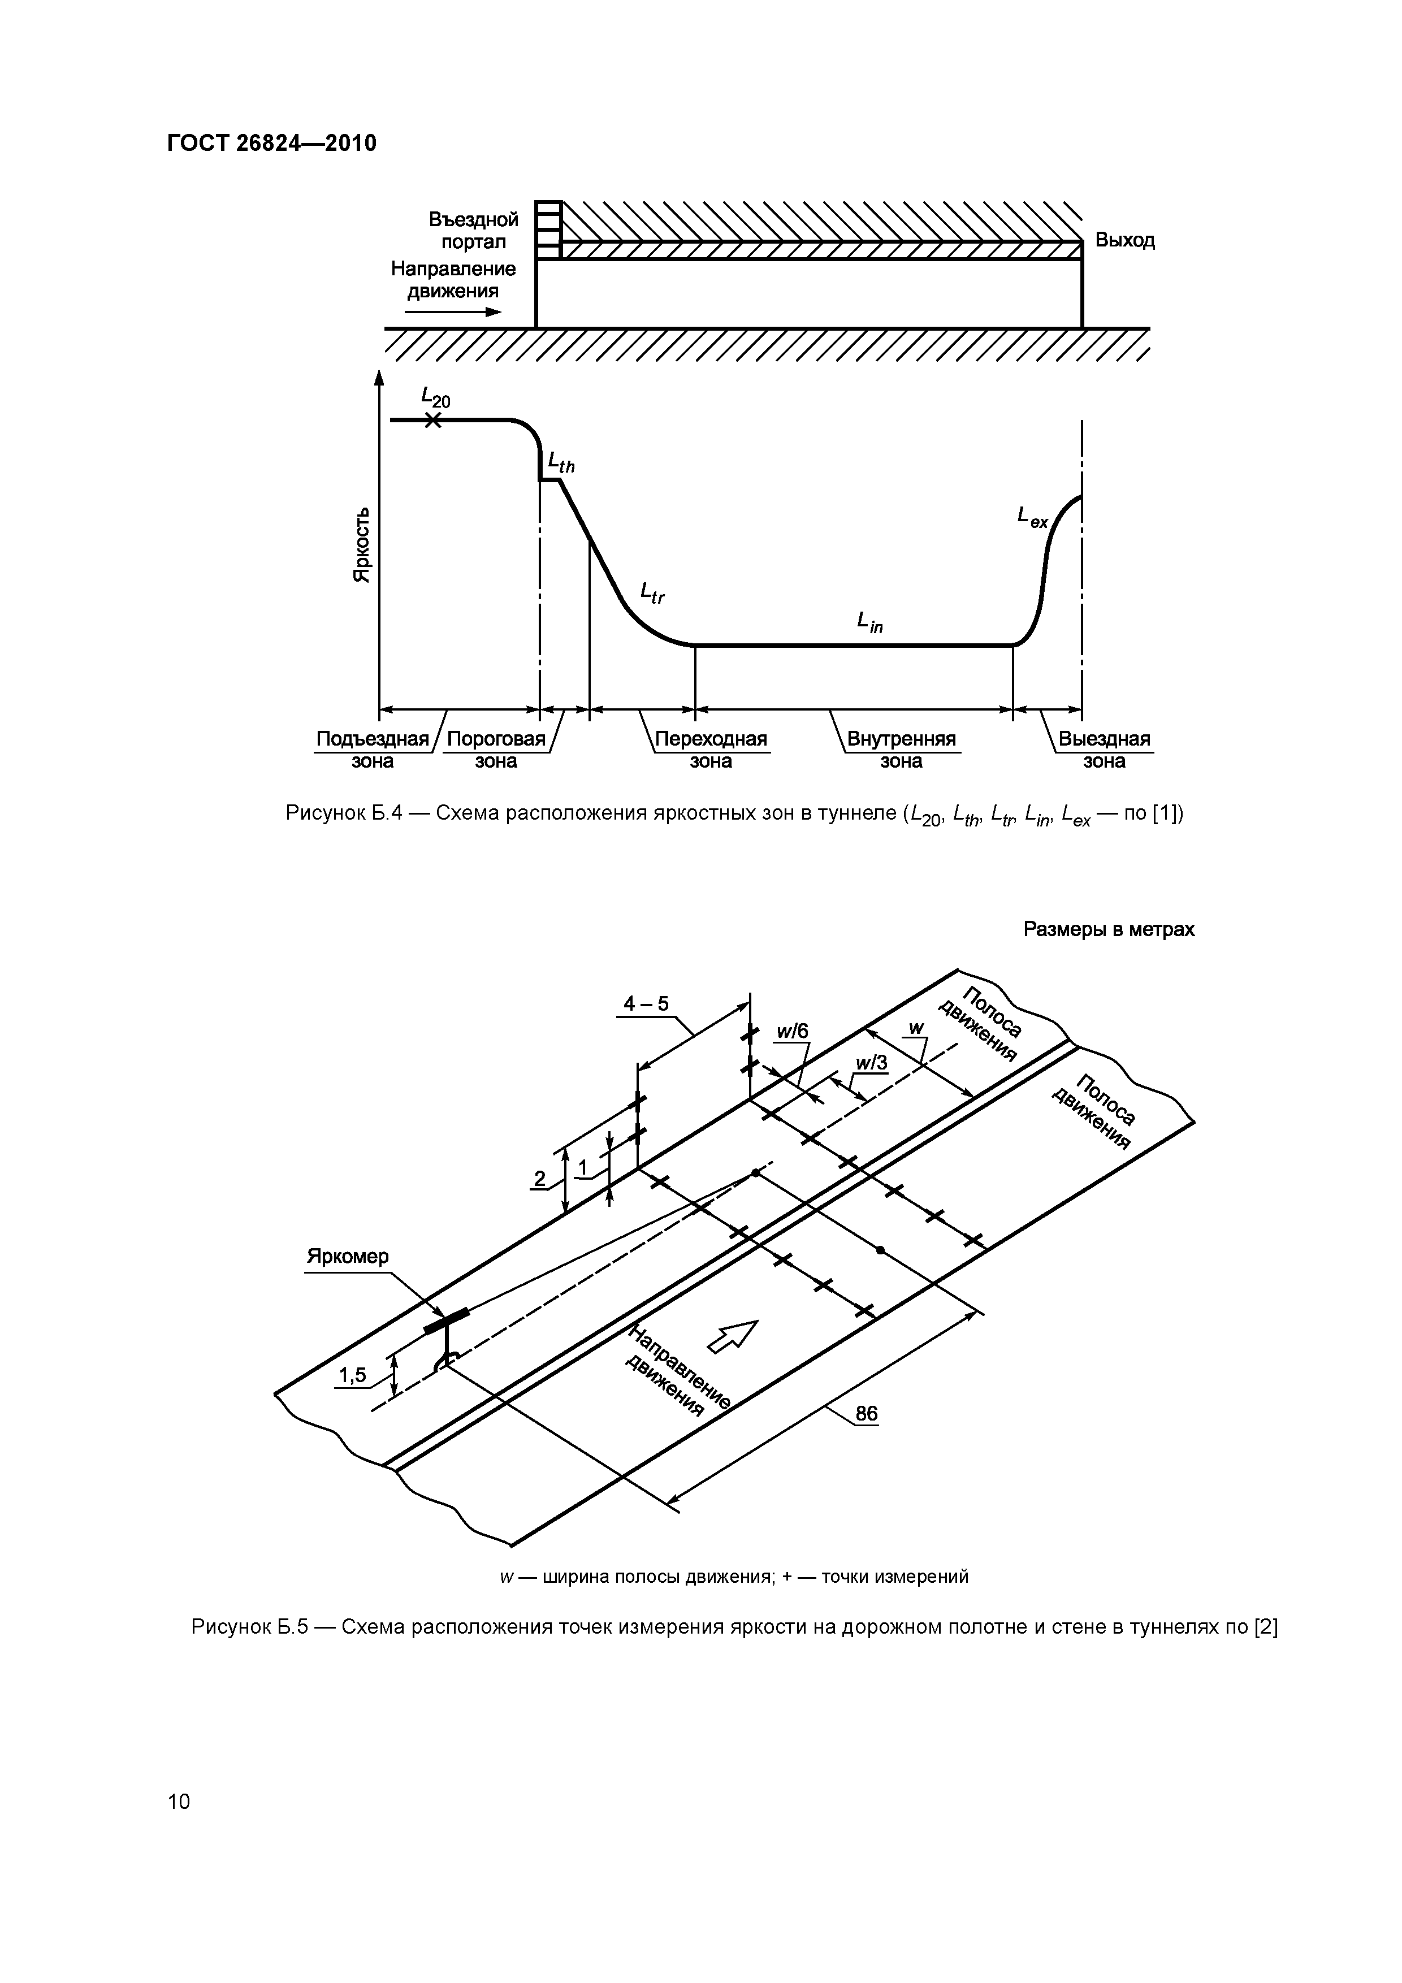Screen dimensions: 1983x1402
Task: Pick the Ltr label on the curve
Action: click(x=652, y=592)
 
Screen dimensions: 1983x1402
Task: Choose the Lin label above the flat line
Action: click(x=869, y=622)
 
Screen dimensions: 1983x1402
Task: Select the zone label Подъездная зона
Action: click(x=373, y=750)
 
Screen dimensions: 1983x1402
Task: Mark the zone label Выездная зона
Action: click(x=1104, y=750)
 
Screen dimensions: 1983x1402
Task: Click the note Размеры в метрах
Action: click(x=1108, y=929)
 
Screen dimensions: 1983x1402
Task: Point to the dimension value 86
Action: click(x=866, y=1414)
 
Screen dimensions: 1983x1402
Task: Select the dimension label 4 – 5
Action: click(x=646, y=1003)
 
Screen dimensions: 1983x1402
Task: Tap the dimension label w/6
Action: click(x=791, y=1031)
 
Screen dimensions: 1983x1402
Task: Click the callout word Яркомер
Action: click(x=348, y=1257)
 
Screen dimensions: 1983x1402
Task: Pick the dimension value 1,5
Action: click(x=352, y=1375)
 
